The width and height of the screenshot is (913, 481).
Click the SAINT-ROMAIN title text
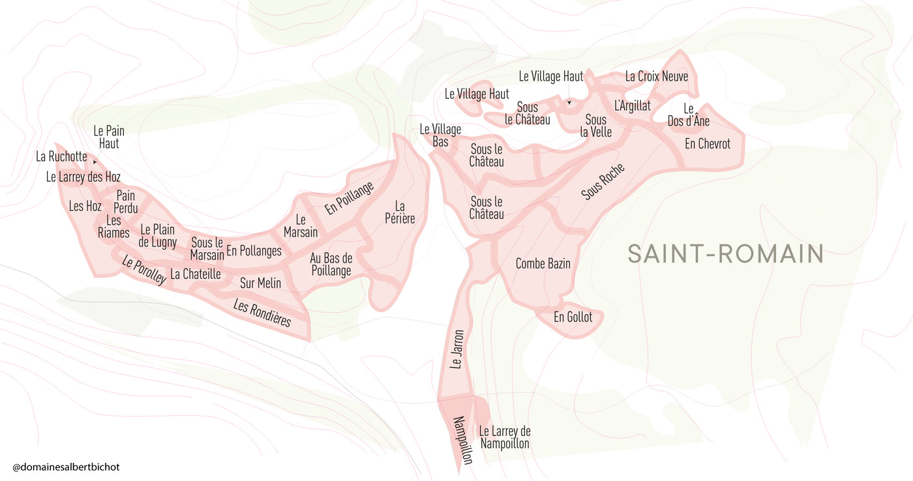[x=725, y=254]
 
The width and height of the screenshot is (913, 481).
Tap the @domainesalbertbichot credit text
[x=67, y=467]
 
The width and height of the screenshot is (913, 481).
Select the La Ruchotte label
[x=61, y=156]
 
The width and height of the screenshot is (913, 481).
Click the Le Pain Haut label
[x=109, y=137]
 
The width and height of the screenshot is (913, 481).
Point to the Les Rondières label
[x=262, y=314]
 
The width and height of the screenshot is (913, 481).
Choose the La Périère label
[x=400, y=212]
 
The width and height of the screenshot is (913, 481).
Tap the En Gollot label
[x=573, y=317]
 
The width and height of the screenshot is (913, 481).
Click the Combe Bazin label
[x=543, y=263]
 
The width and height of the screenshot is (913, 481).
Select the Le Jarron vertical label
[x=457, y=349]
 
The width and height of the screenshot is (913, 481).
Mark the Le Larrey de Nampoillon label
[x=505, y=437]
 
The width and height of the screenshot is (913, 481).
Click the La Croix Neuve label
[x=657, y=76]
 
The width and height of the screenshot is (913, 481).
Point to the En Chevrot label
[x=708, y=143]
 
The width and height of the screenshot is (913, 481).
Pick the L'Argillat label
[x=633, y=106]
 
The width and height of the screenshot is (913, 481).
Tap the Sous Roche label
[x=603, y=182]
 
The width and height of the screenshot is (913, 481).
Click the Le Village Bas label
[x=440, y=136]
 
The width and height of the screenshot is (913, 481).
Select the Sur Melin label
[x=260, y=283]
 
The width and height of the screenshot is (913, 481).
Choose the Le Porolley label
[x=144, y=270]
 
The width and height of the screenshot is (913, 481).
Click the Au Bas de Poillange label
[x=331, y=264]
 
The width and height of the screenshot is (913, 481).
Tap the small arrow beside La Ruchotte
[x=95, y=162]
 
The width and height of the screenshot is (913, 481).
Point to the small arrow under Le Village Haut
[x=569, y=103]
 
